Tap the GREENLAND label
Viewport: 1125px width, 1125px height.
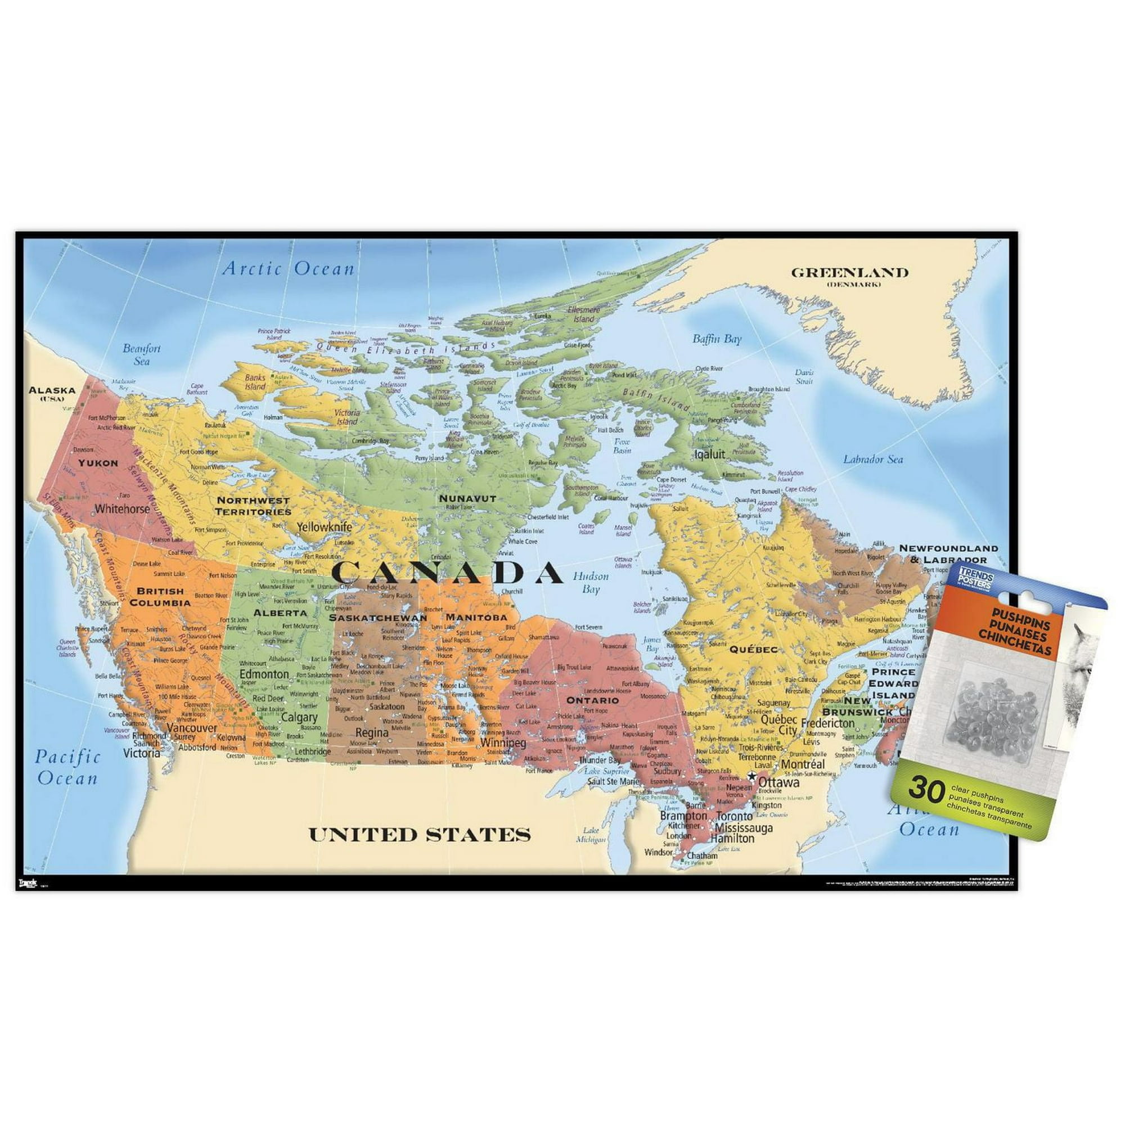pyautogui.click(x=849, y=272)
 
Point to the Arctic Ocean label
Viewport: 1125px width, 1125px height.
pyautogui.click(x=289, y=268)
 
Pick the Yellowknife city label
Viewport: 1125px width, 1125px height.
pyautogui.click(x=325, y=527)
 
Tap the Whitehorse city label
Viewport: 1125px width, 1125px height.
pyautogui.click(x=122, y=508)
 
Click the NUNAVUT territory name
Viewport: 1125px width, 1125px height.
pyautogui.click(x=467, y=498)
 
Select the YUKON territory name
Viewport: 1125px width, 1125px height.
pyautogui.click(x=99, y=463)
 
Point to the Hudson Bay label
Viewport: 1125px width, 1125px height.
pyautogui.click(x=591, y=582)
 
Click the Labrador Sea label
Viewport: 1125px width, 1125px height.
pyautogui.click(x=874, y=460)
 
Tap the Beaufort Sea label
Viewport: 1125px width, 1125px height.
pyautogui.click(x=142, y=354)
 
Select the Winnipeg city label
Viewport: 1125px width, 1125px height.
pyautogui.click(x=503, y=744)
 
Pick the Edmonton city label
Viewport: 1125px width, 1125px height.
pyautogui.click(x=264, y=674)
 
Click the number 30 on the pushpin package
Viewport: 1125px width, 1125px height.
pyautogui.click(x=925, y=789)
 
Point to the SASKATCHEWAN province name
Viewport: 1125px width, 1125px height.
pyautogui.click(x=378, y=618)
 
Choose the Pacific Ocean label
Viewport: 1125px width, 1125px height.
pyautogui.click(x=67, y=767)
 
